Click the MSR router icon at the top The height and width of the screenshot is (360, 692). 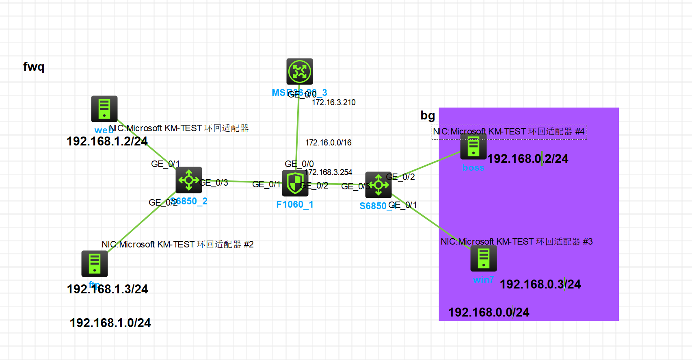[x=299, y=72]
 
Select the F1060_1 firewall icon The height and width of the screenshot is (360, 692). [x=295, y=183]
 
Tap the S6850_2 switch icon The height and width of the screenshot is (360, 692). [x=189, y=180]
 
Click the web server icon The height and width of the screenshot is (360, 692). [x=104, y=109]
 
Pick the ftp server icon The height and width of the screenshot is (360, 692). [x=95, y=263]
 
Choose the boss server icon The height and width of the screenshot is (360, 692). [x=473, y=147]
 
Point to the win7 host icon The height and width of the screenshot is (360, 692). [x=483, y=258]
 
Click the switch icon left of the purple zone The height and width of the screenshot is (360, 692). [x=378, y=185]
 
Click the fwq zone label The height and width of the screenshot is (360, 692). [x=34, y=66]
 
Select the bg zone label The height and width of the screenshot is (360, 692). [x=428, y=115]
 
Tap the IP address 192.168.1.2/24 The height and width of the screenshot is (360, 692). [x=107, y=141]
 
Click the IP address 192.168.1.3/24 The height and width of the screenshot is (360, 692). [x=108, y=289]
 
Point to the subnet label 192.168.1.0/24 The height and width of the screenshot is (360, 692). [x=110, y=323]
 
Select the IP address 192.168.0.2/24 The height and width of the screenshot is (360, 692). [x=528, y=159]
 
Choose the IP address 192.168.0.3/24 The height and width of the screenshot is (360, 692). [x=540, y=284]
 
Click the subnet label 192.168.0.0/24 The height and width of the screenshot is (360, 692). [x=489, y=312]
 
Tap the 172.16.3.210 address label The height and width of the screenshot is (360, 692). [x=333, y=102]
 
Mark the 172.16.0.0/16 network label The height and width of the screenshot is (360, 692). [x=328, y=143]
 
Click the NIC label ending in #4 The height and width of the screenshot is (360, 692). [x=508, y=132]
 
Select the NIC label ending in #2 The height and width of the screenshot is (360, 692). [x=177, y=244]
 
